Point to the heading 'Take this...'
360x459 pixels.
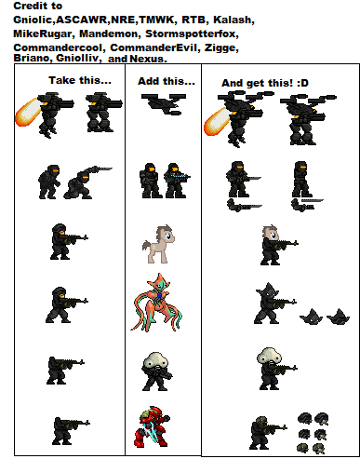coord(80,81)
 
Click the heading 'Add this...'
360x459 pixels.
coord(167,81)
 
